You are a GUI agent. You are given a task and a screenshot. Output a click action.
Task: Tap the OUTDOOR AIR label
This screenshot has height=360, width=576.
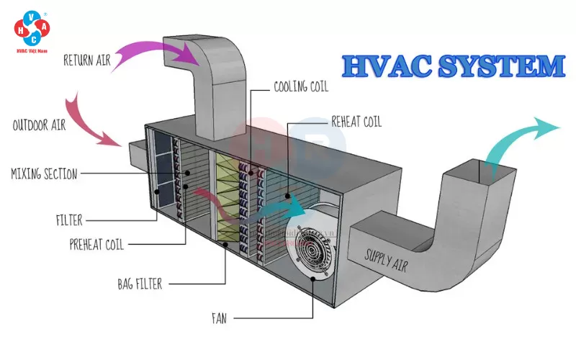coord(39,125)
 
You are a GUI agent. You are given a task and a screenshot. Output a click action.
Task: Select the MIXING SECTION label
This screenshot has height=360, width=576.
coord(43,173)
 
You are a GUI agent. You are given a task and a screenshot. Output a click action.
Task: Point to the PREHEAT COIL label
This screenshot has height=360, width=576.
coord(95,244)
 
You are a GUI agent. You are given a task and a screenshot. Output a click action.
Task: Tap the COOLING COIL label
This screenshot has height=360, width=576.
coord(300,87)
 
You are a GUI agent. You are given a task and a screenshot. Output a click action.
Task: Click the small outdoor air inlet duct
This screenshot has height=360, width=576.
coord(137,153)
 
